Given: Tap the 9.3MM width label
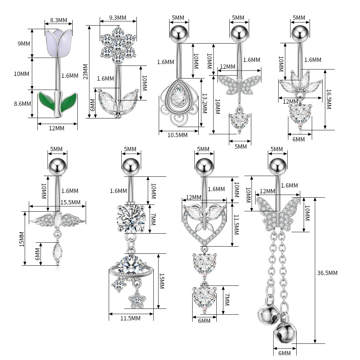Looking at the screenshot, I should point(118,18).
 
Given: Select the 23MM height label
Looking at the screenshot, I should point(85,71).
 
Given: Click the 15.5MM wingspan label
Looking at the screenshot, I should point(70,202).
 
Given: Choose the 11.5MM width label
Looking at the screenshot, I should point(130,318).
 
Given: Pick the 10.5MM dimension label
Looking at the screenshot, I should point(177,135).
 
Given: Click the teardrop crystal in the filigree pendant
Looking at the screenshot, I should point(178,95).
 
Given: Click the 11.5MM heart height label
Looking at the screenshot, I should point(236,225).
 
